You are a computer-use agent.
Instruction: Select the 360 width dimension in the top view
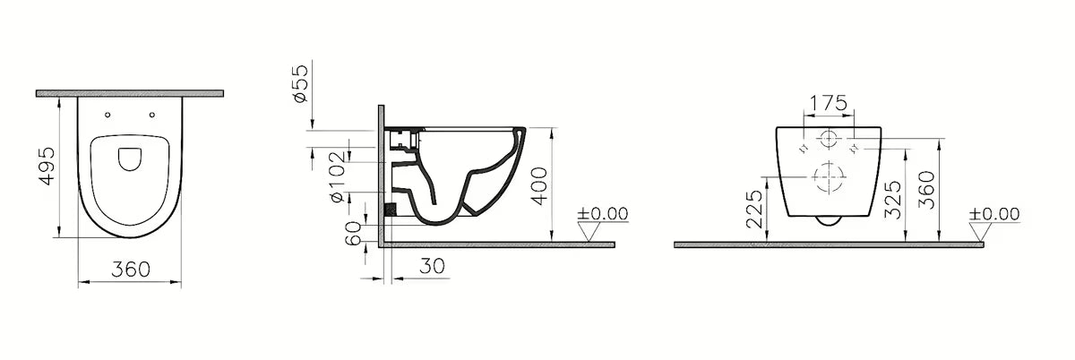click(131, 270)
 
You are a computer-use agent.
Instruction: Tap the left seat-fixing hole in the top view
click(107, 115)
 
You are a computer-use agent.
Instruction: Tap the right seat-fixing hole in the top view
click(152, 115)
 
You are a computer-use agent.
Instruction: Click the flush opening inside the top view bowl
click(130, 159)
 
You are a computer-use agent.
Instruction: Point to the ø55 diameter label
click(300, 83)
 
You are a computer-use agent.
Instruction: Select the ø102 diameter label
click(338, 176)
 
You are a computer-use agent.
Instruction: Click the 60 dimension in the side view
click(354, 233)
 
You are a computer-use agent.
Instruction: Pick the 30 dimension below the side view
click(432, 266)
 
